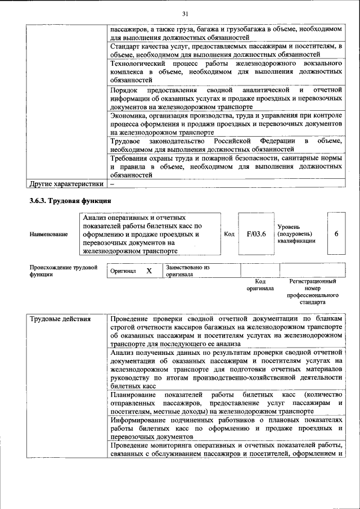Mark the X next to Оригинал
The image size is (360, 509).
coord(149,271)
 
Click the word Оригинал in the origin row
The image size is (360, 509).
coord(123,271)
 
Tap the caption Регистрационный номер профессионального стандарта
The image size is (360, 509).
coord(312,291)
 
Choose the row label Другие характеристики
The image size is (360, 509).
coord(66,183)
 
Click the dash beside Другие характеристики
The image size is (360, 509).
coord(112,183)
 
